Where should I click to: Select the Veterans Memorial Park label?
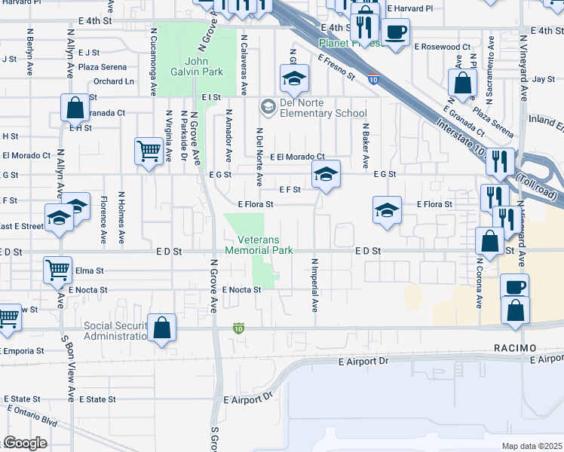point(259,245)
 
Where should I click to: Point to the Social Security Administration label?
point(113,331)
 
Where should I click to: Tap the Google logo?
point(24,443)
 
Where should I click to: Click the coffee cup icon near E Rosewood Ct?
point(395,32)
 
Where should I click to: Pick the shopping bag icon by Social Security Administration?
point(162,328)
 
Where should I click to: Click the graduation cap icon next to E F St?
point(326,175)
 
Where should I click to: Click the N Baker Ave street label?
point(365,146)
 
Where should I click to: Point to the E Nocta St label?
point(241,290)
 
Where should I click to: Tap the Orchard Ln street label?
point(115,81)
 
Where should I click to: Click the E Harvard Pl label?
point(409,8)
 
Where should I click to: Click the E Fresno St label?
point(336,67)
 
